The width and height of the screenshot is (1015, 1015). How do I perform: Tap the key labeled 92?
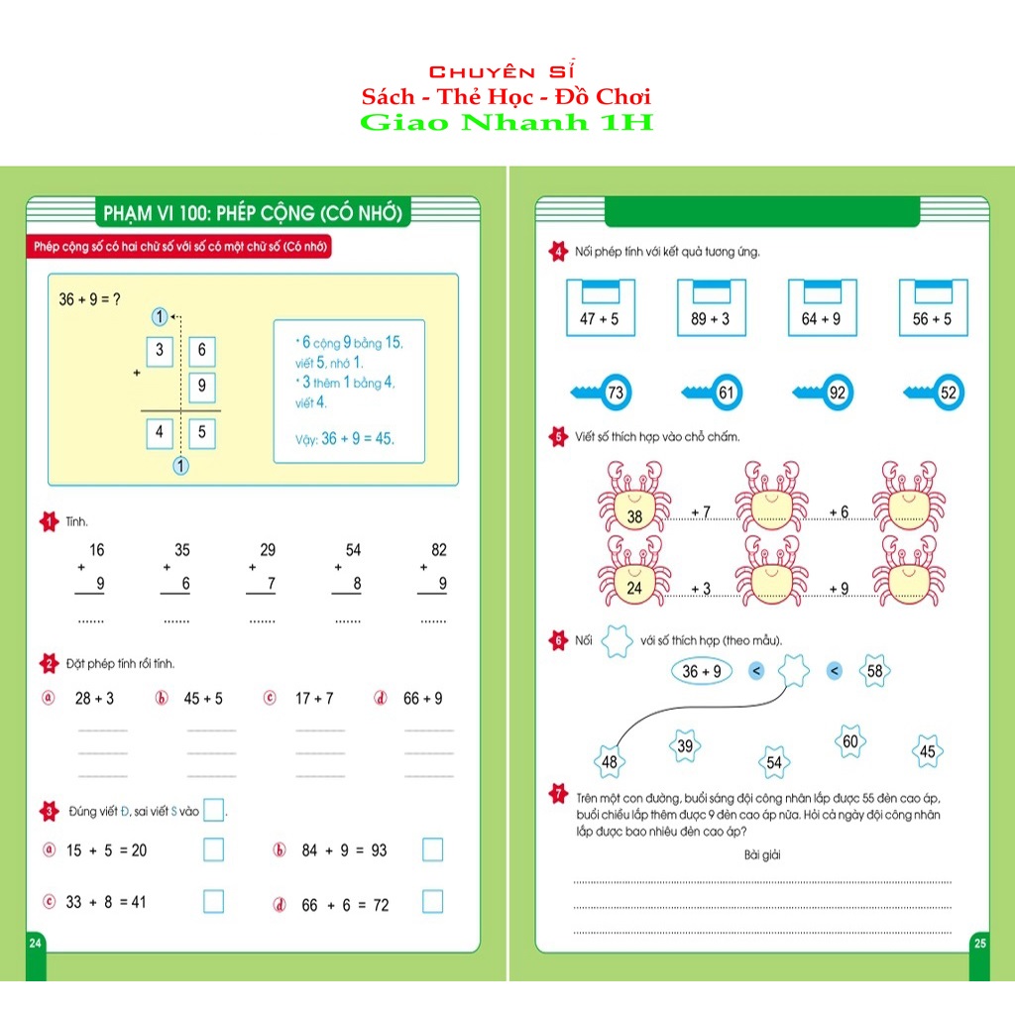[829, 394]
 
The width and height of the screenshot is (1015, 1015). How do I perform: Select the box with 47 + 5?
[600, 308]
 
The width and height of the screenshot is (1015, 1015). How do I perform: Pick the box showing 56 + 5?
[933, 308]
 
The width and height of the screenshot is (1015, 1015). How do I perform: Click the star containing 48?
[609, 761]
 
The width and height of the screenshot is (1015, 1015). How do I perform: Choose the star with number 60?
[849, 740]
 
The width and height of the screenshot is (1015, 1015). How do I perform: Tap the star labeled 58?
[874, 671]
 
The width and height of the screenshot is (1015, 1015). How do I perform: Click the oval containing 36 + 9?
[701, 671]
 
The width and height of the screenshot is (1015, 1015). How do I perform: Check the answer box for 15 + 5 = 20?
[213, 849]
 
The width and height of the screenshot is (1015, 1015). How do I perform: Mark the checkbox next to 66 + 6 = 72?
[432, 901]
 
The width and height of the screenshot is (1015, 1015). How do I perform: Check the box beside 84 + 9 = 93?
[432, 849]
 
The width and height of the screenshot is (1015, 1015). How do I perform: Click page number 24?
[36, 942]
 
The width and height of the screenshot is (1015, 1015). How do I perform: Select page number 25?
[979, 943]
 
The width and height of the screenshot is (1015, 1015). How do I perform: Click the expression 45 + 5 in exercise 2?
[203, 699]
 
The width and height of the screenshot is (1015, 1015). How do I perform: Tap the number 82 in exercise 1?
[439, 550]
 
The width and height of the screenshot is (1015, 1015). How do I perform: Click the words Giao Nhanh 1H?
[507, 123]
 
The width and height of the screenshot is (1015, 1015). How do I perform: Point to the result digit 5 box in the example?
[201, 432]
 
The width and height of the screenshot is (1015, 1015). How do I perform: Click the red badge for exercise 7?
[557, 793]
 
